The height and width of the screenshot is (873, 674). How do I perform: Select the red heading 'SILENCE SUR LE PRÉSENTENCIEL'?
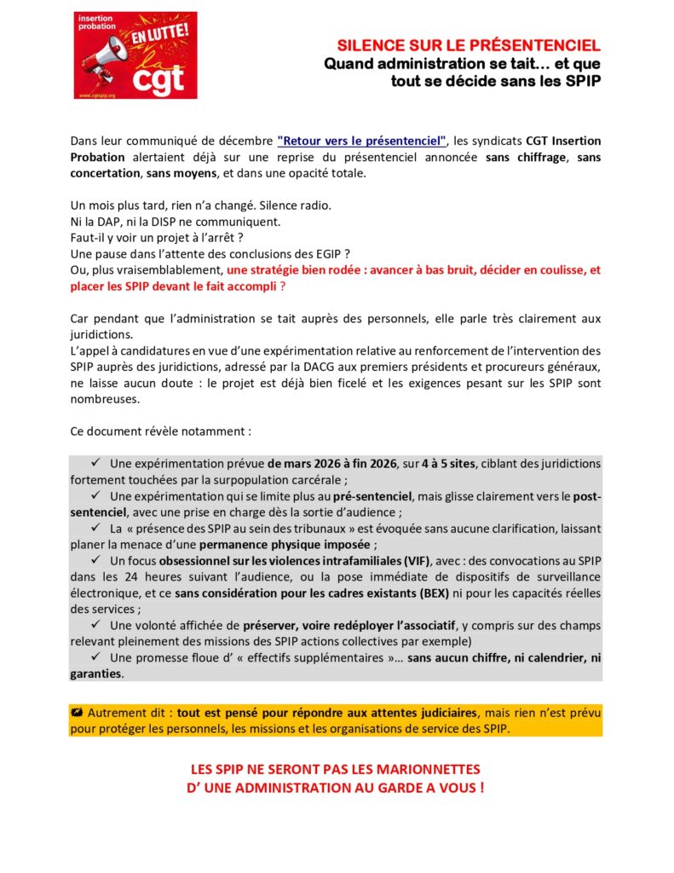469,45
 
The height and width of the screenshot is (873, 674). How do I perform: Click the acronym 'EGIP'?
336,253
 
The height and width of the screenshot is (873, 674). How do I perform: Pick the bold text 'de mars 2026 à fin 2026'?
339,464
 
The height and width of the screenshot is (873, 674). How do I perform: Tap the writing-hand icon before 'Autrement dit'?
78,712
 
